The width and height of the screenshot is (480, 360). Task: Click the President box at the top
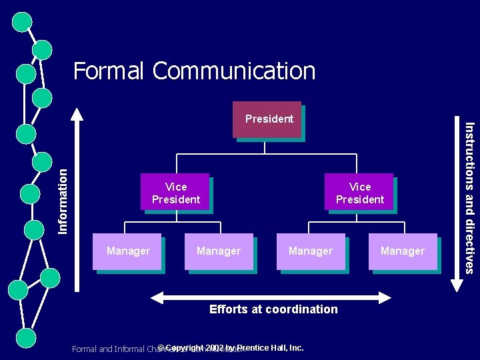pos(267,119)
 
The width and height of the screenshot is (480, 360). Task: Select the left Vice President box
pos(175,192)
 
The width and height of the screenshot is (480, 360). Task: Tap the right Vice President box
pos(359,192)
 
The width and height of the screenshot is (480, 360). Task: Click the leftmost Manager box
pos(127,251)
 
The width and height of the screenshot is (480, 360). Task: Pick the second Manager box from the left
pos(219,251)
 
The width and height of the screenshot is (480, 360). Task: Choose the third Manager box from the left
pos(311,251)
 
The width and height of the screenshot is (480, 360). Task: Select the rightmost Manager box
pos(403,251)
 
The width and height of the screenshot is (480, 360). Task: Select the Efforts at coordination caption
pos(273,309)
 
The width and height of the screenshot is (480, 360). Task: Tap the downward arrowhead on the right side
pos(457,285)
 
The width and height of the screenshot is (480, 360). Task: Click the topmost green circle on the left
pos(23,21)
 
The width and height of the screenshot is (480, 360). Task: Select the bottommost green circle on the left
pos(25,338)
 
